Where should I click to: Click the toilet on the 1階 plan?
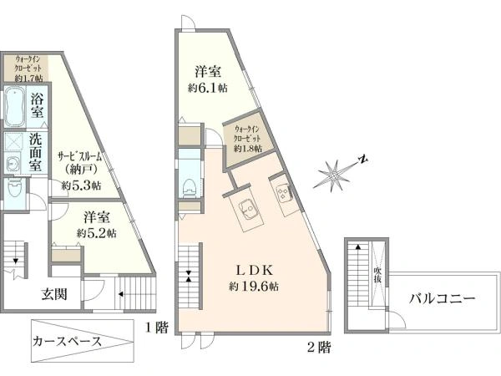(14, 190)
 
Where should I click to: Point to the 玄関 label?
(54, 294)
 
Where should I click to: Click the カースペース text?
(67, 342)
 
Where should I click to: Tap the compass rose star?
(333, 175)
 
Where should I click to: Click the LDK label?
(255, 271)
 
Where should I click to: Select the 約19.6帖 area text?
(254, 286)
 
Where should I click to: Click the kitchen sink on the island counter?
(247, 210)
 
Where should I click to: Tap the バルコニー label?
(443, 299)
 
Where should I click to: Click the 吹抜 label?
(378, 275)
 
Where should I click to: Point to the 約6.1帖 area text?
(208, 88)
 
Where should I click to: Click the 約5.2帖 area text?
(97, 233)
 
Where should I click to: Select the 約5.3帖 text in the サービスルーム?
(81, 185)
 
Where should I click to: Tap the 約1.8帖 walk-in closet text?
(248, 149)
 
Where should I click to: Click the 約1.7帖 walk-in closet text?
(28, 79)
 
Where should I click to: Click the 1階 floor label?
(157, 328)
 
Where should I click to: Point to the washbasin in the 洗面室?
(13, 164)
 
